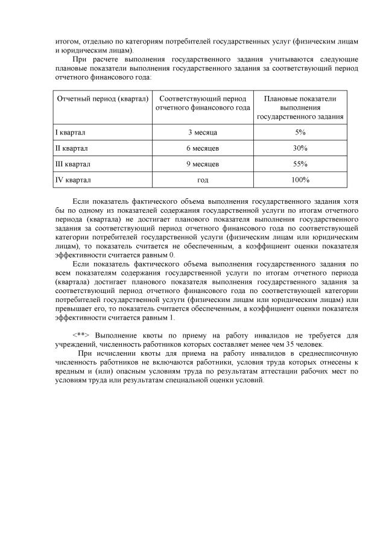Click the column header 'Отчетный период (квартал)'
click(x=102, y=98)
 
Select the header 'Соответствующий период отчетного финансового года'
click(x=203, y=102)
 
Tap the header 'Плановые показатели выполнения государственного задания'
click(x=300, y=107)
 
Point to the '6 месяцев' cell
click(x=203, y=148)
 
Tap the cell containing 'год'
click(x=203, y=180)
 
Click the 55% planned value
click(x=300, y=163)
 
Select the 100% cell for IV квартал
click(x=300, y=180)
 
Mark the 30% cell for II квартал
click(x=300, y=148)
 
